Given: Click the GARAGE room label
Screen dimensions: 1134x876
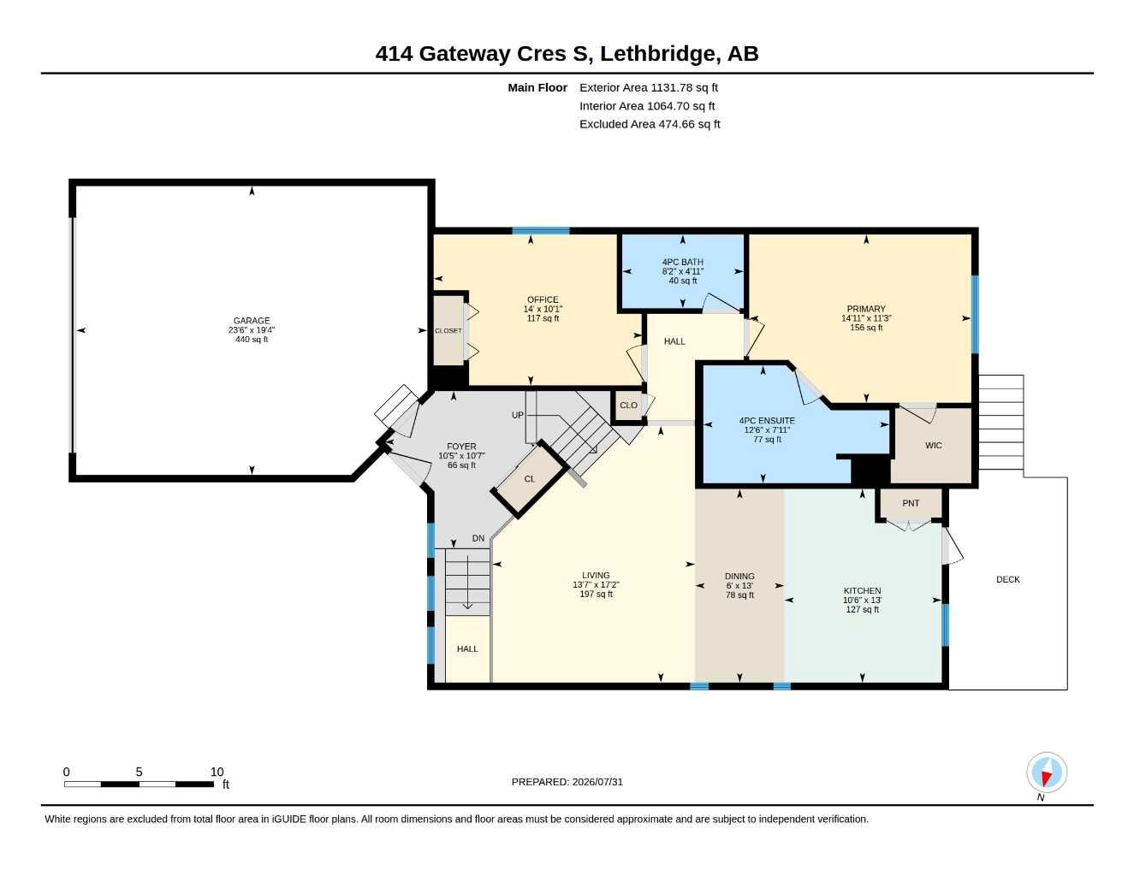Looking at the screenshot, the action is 252,321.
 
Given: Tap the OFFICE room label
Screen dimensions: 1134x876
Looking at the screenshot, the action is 543,299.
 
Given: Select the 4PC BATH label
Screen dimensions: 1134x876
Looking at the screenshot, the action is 683,263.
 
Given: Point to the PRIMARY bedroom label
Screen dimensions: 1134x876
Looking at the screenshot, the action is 866,309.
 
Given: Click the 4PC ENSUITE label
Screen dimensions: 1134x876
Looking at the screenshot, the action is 767,421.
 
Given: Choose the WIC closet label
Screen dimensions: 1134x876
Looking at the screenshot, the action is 934,446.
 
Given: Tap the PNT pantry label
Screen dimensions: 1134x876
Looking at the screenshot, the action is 911,503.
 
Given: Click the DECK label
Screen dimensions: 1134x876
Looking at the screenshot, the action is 1007,579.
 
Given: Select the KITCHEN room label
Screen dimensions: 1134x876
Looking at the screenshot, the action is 862,591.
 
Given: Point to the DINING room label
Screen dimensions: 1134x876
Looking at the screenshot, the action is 739,577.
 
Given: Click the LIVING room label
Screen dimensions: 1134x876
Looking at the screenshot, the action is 596,576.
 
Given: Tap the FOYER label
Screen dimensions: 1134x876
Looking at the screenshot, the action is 461,447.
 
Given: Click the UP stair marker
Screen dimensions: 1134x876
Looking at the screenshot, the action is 517,415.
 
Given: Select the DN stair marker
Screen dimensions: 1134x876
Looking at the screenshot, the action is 478,538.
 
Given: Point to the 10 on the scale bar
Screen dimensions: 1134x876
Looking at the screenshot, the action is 217,772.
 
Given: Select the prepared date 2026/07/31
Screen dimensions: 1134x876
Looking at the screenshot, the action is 597,782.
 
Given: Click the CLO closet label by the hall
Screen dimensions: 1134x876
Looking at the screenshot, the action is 628,405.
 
